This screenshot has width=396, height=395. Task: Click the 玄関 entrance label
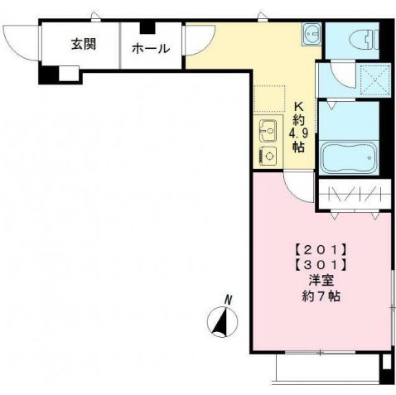click(x=84, y=44)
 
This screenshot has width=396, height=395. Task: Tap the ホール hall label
click(x=151, y=49)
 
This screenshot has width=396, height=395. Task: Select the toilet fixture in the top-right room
click(x=364, y=41)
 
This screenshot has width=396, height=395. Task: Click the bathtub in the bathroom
click(x=349, y=157)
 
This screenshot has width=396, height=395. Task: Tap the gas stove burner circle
click(x=269, y=156)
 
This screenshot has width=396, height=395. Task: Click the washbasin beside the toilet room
click(x=311, y=34)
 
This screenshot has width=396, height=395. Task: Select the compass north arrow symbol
click(x=222, y=321)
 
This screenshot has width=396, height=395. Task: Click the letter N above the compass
click(x=228, y=300)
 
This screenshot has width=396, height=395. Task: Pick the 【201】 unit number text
click(x=321, y=250)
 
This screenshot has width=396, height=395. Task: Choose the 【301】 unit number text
click(x=321, y=266)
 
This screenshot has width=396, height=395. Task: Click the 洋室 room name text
click(x=321, y=281)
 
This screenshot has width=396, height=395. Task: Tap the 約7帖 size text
click(x=321, y=296)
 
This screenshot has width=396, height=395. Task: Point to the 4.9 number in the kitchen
click(x=298, y=134)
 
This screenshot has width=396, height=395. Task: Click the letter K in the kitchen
click(x=299, y=106)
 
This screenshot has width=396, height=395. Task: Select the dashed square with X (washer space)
click(x=375, y=80)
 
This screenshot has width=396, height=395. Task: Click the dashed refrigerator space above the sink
click(x=269, y=99)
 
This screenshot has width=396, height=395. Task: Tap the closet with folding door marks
click(x=355, y=194)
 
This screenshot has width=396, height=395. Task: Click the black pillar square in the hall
click(x=147, y=27)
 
